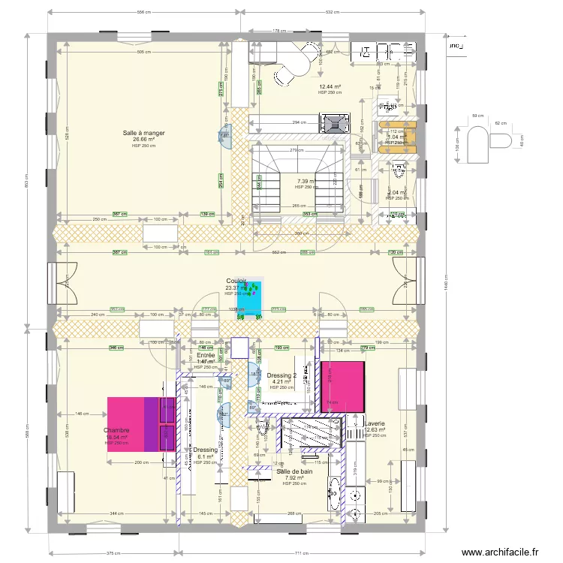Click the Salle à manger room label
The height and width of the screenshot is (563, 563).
coord(144,133)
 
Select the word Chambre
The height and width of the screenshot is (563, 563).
coord(116,430)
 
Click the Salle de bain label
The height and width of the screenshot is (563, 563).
coord(294,471)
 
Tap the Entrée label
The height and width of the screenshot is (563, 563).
coord(206,355)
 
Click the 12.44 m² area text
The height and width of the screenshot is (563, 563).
coord(330,87)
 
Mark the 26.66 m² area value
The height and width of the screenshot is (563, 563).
coord(144,140)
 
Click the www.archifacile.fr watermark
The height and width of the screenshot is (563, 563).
coord(501,552)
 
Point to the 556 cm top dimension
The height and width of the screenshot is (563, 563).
coord(144,12)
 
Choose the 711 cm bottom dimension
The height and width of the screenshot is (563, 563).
coord(301,552)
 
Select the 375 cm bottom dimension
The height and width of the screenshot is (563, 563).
coord(113,552)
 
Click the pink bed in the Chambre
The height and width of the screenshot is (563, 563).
coord(141,423)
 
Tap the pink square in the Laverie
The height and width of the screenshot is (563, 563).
coord(343,385)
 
